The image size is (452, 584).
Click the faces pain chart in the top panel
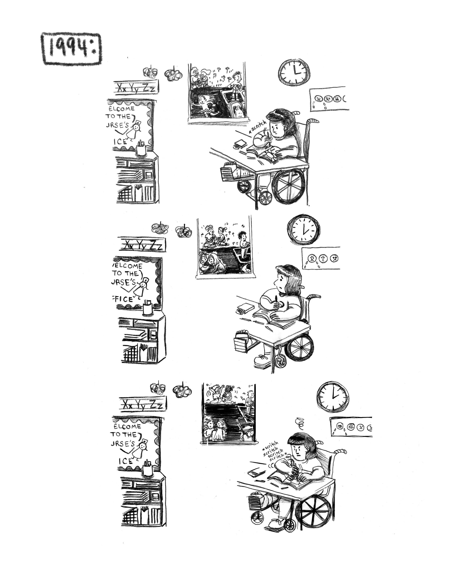pyautogui.click(x=329, y=99)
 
